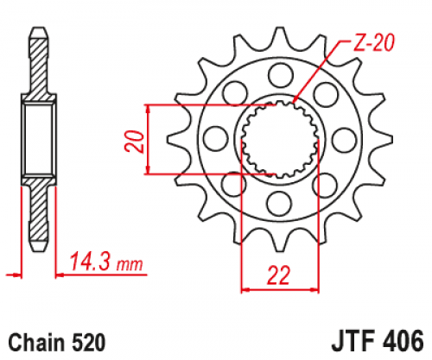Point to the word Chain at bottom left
coord(38,342)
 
